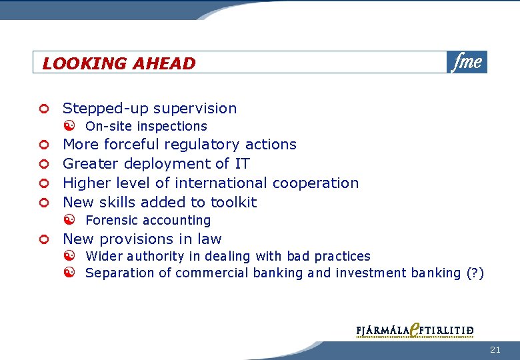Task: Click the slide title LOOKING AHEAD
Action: tap(119, 63)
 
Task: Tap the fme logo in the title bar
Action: tap(467, 62)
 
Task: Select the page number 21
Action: tap(495, 349)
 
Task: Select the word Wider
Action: tap(101, 256)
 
